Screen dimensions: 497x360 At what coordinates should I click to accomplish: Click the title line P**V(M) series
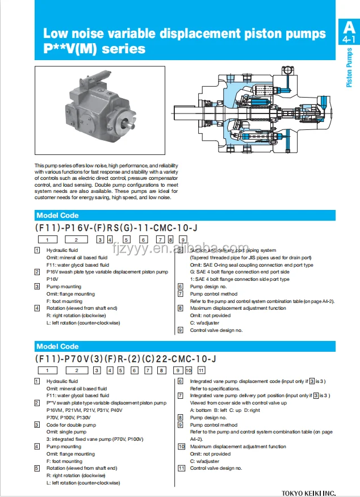(x=94, y=49)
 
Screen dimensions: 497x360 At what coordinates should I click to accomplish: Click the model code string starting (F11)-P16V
(x=116, y=228)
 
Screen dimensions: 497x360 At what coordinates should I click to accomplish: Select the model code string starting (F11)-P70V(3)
(x=125, y=359)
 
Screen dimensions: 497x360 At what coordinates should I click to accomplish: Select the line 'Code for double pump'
(x=71, y=425)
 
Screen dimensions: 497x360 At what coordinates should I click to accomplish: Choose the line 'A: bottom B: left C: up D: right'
(x=225, y=410)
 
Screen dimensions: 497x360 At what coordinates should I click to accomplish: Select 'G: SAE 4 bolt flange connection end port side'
(x=240, y=272)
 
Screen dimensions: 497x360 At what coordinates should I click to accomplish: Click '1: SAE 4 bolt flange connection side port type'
(x=240, y=279)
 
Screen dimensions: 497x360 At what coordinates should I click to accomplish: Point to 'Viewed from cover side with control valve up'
(x=238, y=403)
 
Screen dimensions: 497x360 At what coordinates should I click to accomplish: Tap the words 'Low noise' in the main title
(x=71, y=34)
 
